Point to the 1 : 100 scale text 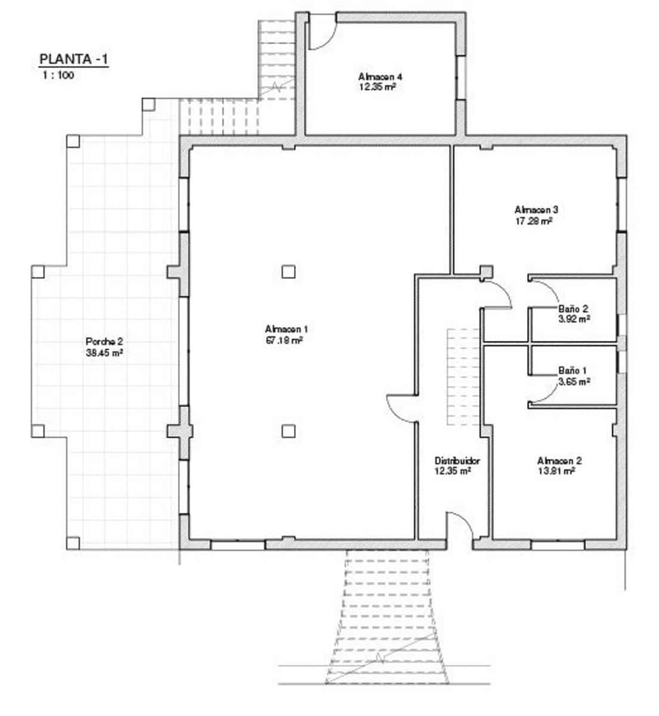[x=58, y=76]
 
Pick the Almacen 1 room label [x=286, y=329]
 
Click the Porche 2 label [x=104, y=342]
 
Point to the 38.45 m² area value [x=104, y=353]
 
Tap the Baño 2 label [x=573, y=309]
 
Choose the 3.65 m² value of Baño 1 [x=574, y=381]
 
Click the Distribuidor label [x=457, y=461]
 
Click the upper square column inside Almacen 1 [x=288, y=272]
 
